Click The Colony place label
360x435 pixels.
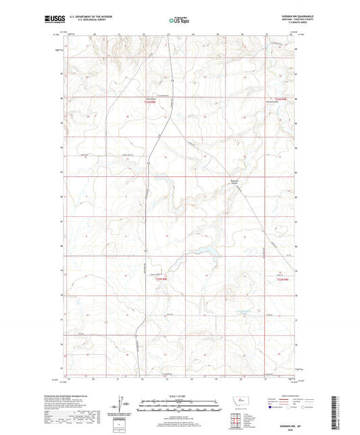coord(151,99)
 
